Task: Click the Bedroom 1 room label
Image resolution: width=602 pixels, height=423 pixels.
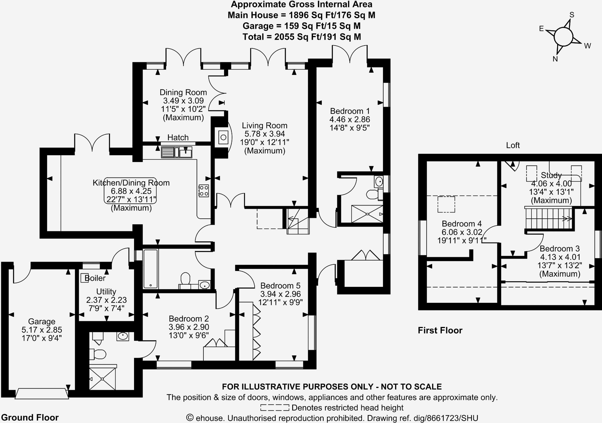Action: tap(350, 111)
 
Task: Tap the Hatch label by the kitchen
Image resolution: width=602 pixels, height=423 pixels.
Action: tap(178, 137)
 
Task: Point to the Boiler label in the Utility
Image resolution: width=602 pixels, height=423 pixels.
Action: tap(95, 278)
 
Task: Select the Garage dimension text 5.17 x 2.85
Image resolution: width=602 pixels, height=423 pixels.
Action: tap(42, 330)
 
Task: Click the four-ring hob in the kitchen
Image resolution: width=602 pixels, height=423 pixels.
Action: tap(204, 190)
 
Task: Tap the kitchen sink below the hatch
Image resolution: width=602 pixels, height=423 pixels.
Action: tap(176, 153)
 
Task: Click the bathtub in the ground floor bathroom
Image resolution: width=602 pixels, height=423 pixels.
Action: tap(151, 269)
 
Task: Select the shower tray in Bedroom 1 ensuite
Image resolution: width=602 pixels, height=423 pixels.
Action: tap(367, 214)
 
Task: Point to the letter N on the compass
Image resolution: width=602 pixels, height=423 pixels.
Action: tap(555, 59)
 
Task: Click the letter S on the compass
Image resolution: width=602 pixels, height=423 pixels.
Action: tap(572, 15)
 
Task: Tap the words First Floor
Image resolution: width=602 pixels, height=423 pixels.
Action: tap(440, 330)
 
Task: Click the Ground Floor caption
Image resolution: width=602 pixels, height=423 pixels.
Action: tap(30, 417)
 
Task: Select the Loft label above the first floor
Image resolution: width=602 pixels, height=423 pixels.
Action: tap(513, 145)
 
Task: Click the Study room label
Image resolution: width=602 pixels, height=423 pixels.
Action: tap(551, 175)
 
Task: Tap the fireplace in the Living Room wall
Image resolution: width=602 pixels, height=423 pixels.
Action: tap(223, 137)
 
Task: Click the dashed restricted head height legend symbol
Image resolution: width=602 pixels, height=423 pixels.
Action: tap(275, 408)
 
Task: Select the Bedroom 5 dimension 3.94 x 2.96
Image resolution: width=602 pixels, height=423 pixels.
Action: tap(280, 294)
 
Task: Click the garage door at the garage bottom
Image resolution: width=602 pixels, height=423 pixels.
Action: tap(41, 393)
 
